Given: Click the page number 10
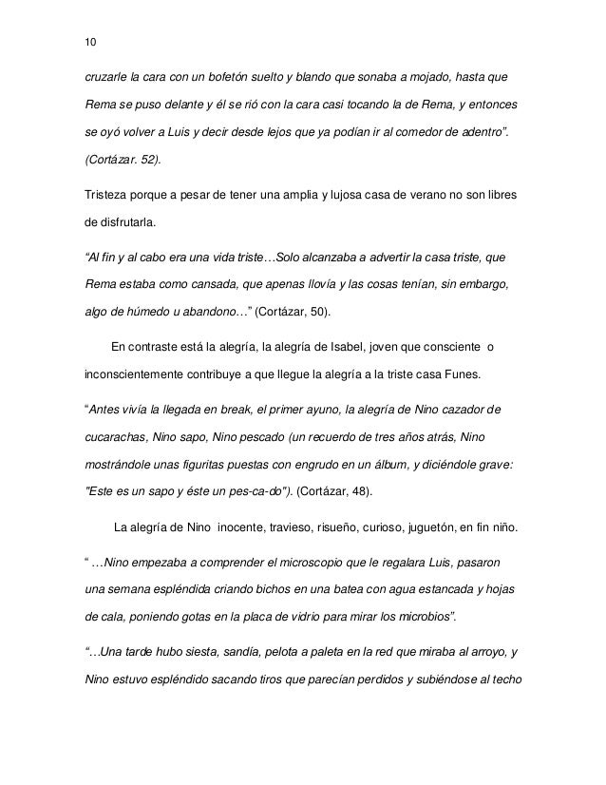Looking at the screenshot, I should (x=90, y=42).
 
